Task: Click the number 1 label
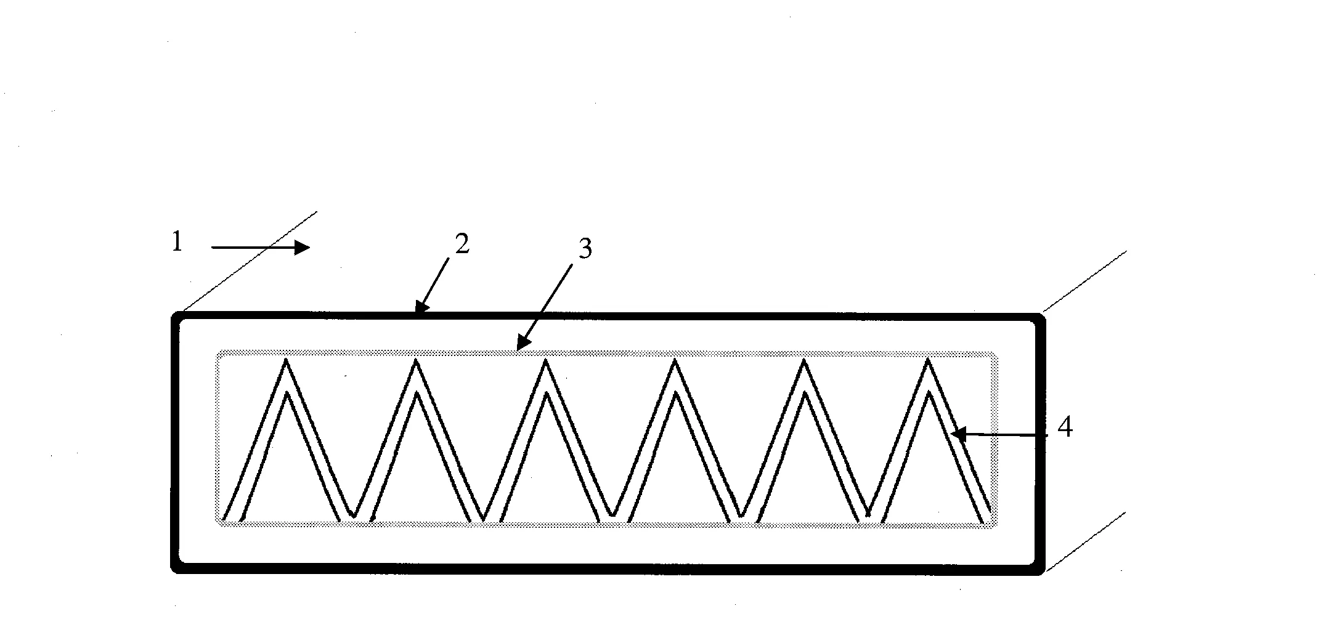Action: click(x=177, y=242)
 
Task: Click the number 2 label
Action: click(x=462, y=244)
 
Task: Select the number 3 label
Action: click(x=585, y=249)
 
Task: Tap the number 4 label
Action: click(x=1065, y=427)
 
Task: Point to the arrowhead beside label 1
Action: click(x=302, y=248)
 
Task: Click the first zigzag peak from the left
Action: click(x=286, y=360)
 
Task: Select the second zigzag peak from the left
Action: click(x=417, y=360)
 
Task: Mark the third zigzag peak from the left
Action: click(x=546, y=360)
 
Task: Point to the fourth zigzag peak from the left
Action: click(x=675, y=360)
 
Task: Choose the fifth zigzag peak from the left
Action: click(x=804, y=360)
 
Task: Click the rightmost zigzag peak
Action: click(x=928, y=360)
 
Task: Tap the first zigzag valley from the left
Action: click(x=353, y=515)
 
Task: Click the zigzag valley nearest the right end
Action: click(x=868, y=515)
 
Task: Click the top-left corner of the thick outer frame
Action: click(x=175, y=316)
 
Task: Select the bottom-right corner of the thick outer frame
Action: click(x=1041, y=570)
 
